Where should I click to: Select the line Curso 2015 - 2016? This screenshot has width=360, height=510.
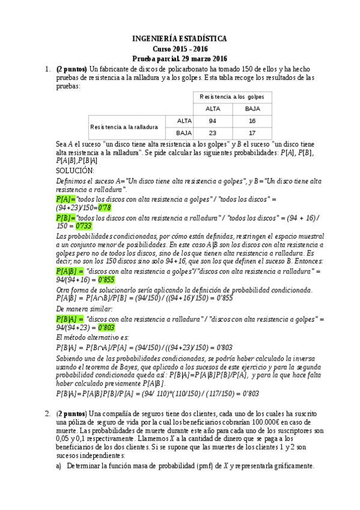180,49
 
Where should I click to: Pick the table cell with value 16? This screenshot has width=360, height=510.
251,121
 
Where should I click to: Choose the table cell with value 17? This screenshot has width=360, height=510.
251,133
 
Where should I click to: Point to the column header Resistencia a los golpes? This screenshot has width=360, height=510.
232,97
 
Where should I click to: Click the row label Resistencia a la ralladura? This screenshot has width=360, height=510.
124,127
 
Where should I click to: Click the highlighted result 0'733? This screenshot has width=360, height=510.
84,225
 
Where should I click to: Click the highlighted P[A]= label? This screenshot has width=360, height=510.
66,199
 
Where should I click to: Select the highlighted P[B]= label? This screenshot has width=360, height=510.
66,217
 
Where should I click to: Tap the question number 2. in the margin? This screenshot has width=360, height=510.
47,414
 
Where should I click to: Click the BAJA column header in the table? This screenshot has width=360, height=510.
251,109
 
